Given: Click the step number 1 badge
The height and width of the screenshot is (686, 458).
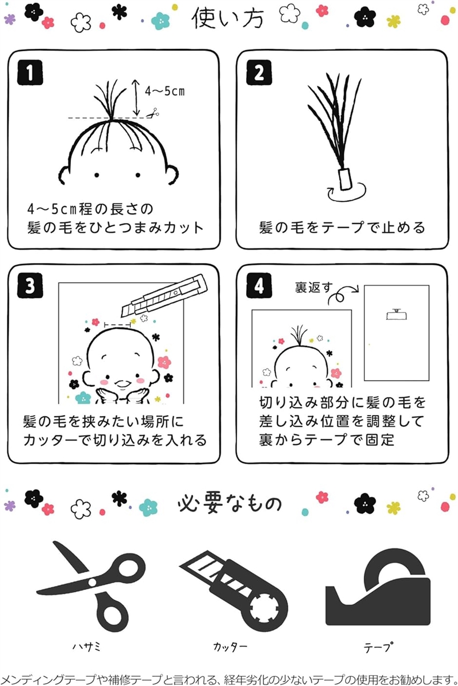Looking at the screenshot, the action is pyautogui.click(x=30, y=72).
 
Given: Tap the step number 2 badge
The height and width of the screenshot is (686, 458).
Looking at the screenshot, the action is pyautogui.click(x=259, y=72).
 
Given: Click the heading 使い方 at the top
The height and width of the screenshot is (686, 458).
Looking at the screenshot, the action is pyautogui.click(x=227, y=18).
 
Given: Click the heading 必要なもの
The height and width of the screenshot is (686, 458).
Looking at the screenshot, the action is pyautogui.click(x=230, y=504).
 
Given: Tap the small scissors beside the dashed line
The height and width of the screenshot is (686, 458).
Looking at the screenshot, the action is pyautogui.click(x=153, y=113).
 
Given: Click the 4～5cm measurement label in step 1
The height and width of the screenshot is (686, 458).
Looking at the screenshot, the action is pyautogui.click(x=164, y=91).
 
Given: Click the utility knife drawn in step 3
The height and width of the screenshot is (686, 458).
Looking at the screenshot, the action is pyautogui.click(x=164, y=295).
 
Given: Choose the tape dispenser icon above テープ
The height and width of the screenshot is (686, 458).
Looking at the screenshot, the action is pyautogui.click(x=377, y=588).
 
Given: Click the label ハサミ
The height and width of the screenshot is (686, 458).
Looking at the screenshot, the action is pyautogui.click(x=86, y=646).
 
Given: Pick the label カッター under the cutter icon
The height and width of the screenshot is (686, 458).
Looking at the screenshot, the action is pyautogui.click(x=230, y=647).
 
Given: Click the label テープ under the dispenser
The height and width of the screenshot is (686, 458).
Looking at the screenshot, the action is pyautogui.click(x=377, y=647).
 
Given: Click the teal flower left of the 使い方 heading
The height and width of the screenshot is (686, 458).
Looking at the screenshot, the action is pyautogui.click(x=160, y=21).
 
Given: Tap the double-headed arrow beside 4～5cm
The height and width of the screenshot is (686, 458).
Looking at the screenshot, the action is pyautogui.click(x=136, y=98).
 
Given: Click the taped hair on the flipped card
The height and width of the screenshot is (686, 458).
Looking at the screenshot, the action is pyautogui.click(x=396, y=315).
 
